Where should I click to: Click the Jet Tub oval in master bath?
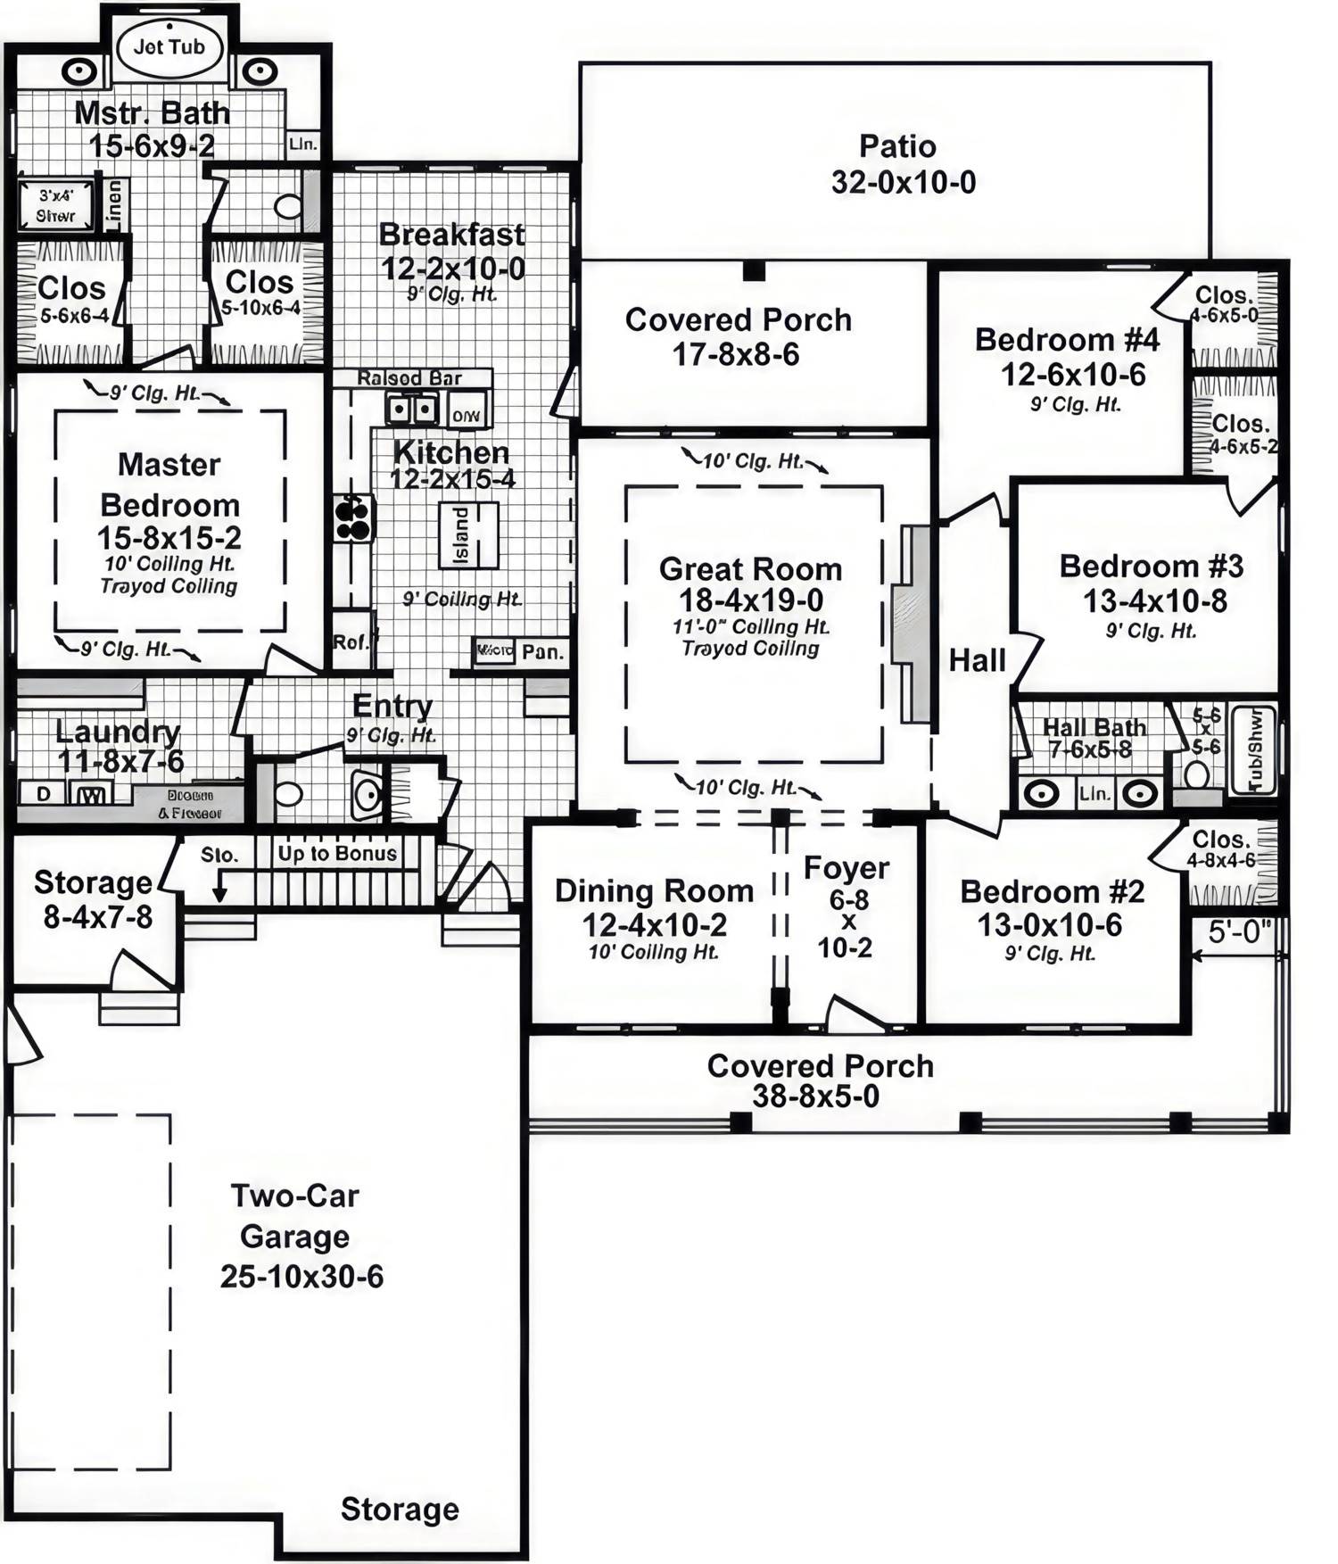(169, 47)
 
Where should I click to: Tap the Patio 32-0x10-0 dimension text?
(903, 183)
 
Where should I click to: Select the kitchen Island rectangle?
(467, 534)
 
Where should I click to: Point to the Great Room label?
(750, 569)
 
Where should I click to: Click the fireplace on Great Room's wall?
(913, 624)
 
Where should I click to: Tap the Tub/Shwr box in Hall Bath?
(1253, 749)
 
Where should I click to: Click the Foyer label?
(846, 868)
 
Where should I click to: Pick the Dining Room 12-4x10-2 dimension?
(654, 924)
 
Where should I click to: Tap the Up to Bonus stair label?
(336, 854)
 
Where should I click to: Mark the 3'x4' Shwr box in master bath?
(57, 205)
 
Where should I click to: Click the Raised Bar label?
(409, 378)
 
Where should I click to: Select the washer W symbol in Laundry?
(91, 794)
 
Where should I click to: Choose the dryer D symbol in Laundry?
(42, 793)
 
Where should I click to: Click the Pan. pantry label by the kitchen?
(541, 652)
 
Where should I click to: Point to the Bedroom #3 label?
(1151, 567)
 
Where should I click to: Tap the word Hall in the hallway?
(977, 661)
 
